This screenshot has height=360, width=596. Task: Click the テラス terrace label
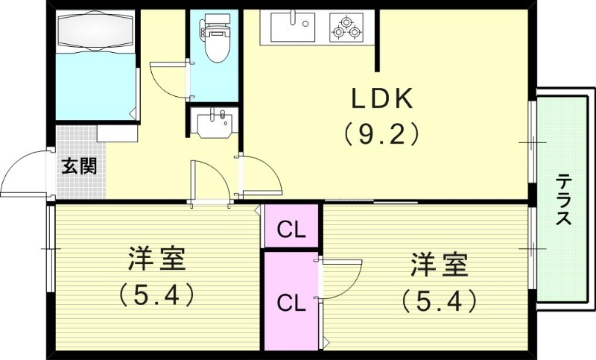pos(564,200)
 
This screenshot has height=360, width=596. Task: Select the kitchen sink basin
pos(293,28)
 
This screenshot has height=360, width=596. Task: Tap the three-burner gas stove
pos(346,28)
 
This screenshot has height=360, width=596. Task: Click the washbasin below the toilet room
pos(215,121)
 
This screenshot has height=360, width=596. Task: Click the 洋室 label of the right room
pos(439,262)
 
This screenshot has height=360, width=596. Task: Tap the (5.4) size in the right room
pos(439,300)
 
